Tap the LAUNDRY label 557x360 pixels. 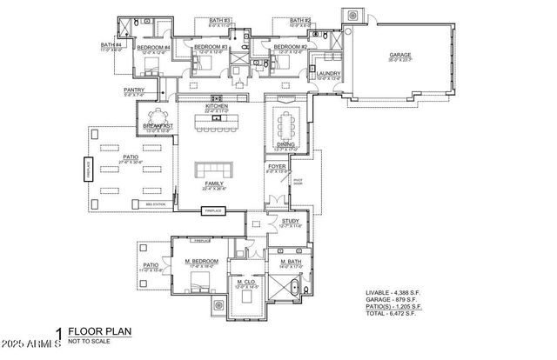[x=328, y=74]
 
